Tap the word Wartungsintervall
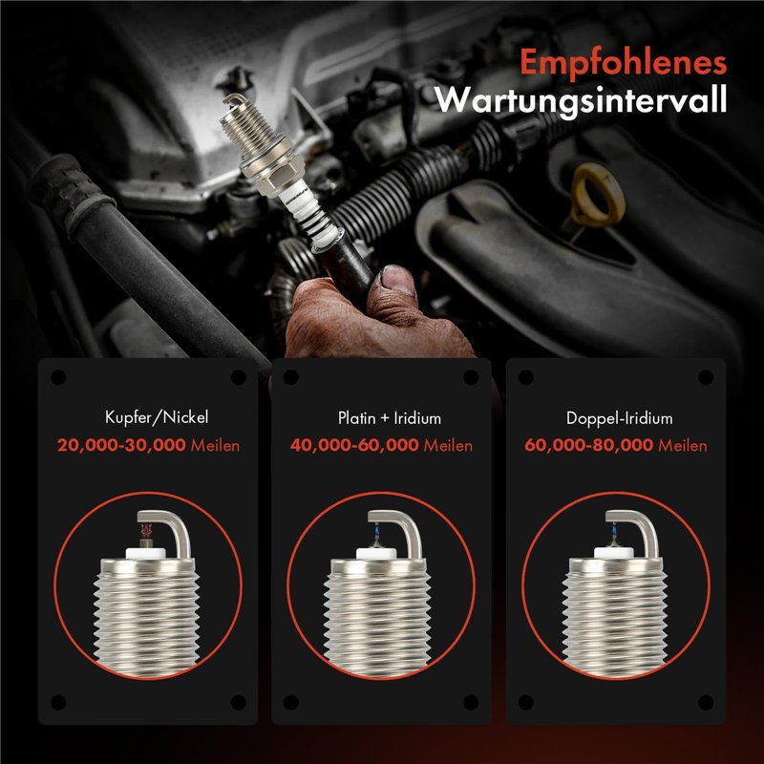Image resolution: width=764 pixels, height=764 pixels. (581, 99)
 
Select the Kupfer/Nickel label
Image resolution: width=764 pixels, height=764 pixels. (157, 417)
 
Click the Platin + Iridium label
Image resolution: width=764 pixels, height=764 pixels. (390, 417)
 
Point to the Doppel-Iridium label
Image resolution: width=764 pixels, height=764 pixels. (619, 418)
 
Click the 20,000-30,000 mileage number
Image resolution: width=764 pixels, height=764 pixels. (121, 445)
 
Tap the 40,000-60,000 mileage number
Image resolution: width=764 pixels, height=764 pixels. (354, 445)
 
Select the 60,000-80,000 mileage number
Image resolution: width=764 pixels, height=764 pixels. (588, 445)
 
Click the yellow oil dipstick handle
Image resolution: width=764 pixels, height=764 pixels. (598, 195)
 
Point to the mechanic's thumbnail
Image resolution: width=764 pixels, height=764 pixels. (397, 280)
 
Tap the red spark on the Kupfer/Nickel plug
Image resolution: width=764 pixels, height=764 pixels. (146, 530)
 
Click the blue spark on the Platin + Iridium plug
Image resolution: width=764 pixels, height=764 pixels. (377, 531)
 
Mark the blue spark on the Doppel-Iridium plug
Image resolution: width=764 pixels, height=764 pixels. (614, 530)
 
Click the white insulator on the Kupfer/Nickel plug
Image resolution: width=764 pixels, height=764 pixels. (146, 553)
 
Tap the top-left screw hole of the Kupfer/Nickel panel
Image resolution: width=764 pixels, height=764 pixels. (58, 377)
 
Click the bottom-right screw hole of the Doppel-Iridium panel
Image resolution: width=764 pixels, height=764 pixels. (706, 702)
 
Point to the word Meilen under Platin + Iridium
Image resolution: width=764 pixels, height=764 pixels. (448, 445)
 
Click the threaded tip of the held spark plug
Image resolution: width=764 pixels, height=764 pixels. (247, 122)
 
